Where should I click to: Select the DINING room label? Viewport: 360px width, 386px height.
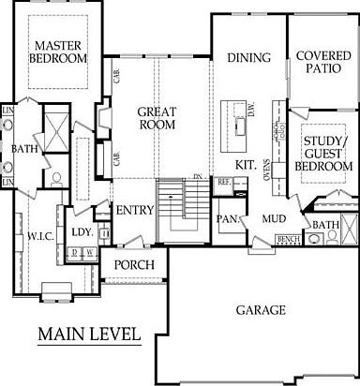point(249,58)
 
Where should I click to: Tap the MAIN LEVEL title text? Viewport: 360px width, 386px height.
point(89,334)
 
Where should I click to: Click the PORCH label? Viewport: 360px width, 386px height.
point(134,265)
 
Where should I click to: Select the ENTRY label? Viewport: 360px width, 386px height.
point(134,210)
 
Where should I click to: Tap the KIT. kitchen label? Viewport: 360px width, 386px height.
point(247,164)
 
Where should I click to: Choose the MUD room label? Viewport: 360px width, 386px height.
point(274,219)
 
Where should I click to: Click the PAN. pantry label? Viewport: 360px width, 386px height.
point(226,218)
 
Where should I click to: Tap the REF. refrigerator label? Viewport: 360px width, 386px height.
point(225,184)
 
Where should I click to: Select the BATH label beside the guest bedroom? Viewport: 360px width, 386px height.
point(325,225)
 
